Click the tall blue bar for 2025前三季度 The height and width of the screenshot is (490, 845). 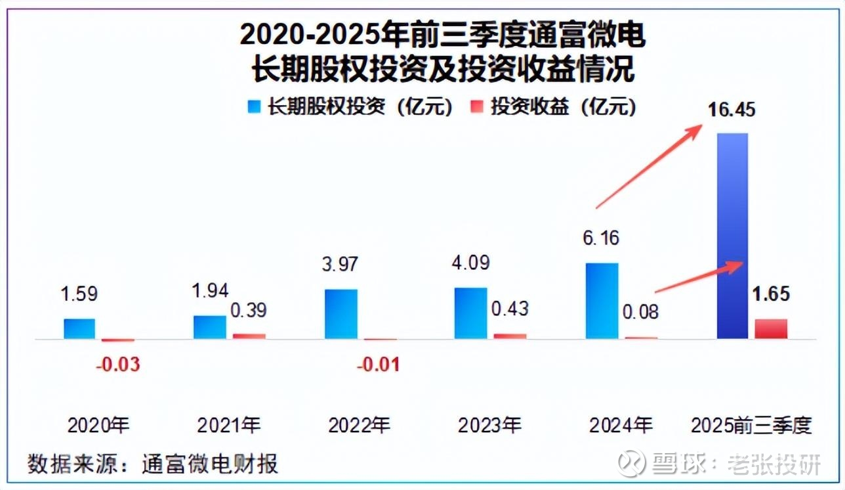point(733,236)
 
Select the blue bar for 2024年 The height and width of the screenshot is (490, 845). point(602,301)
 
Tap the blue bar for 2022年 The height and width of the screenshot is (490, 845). point(341,314)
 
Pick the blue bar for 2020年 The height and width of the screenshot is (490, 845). point(79,329)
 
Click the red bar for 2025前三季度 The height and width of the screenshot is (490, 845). point(771,329)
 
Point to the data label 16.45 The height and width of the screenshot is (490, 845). point(732,109)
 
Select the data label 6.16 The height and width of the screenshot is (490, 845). point(600,238)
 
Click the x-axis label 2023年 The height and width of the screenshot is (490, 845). point(489,426)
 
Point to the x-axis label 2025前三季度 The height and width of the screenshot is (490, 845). point(752,426)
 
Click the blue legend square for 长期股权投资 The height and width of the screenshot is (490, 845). point(253,107)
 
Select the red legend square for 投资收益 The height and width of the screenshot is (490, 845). point(478,107)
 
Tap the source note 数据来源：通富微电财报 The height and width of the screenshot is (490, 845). point(153,464)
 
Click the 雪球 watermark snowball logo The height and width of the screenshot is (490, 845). point(632,463)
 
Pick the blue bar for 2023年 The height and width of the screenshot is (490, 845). point(471,313)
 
